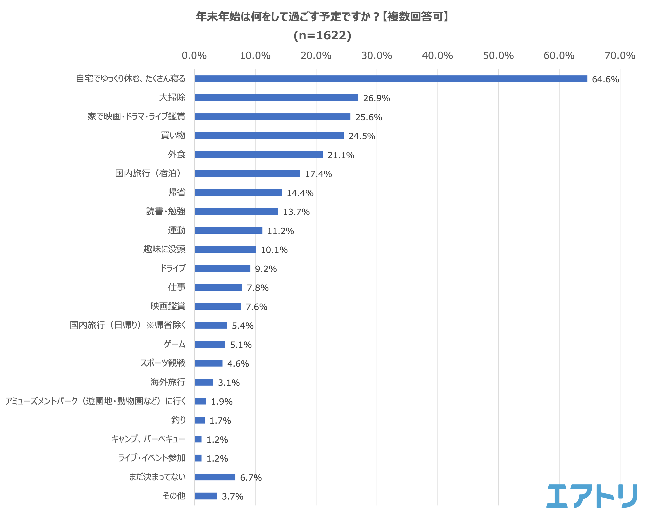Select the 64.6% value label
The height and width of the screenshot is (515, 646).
pyautogui.click(x=605, y=79)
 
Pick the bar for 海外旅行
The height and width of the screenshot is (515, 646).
pyautogui.click(x=204, y=382)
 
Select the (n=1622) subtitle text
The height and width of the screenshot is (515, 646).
pyautogui.click(x=322, y=35)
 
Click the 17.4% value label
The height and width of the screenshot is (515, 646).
pyautogui.click(x=318, y=174)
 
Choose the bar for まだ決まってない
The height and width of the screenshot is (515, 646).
pyautogui.click(x=215, y=477)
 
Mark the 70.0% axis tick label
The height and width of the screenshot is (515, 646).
pyautogui.click(x=620, y=56)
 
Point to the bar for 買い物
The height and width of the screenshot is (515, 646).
pyautogui.click(x=269, y=136)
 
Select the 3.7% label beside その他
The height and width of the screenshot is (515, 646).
pyautogui.click(x=232, y=496)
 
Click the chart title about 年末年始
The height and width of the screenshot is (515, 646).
pyautogui.click(x=322, y=17)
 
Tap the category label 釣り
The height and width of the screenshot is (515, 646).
pyautogui.click(x=178, y=420)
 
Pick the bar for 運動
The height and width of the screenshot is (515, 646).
pyautogui.click(x=228, y=230)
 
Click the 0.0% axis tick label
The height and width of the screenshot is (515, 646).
pyautogui.click(x=194, y=56)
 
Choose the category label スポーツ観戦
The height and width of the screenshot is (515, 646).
pyautogui.click(x=163, y=363)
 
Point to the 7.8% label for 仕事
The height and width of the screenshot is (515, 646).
pyautogui.click(x=257, y=288)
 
